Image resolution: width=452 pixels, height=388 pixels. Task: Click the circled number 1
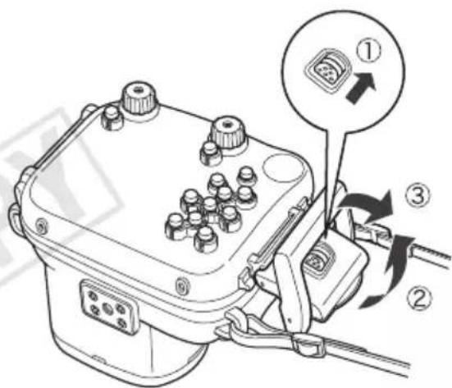tap(368, 52)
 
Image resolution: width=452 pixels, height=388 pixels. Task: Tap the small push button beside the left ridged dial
tap(112, 117)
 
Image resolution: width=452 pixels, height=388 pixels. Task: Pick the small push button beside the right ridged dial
tap(211, 154)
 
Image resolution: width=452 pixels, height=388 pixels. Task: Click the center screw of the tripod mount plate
tap(107, 309)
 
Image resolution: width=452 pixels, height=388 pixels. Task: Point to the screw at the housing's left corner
tap(41, 223)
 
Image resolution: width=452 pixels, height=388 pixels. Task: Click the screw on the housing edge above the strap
tap(181, 285)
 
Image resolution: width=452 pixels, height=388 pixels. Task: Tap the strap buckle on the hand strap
tap(308, 344)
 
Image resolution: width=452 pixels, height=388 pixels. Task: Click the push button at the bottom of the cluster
tap(206, 240)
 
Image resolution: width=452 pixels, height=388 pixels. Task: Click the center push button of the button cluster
tap(209, 207)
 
